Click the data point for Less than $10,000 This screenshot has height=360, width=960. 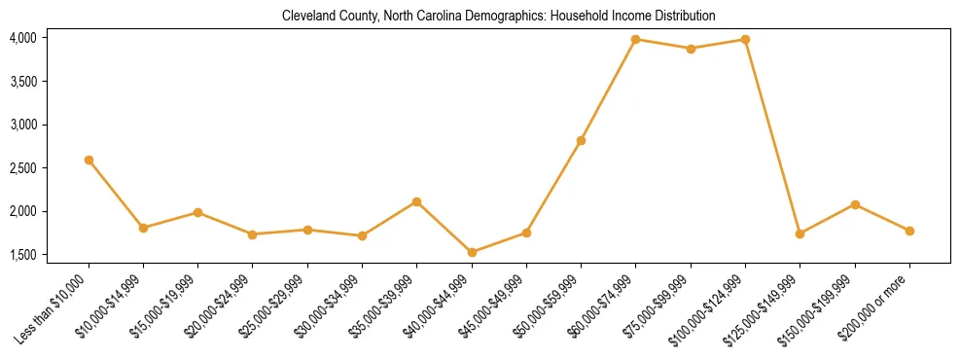(89, 160)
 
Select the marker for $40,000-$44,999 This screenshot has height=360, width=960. (472, 252)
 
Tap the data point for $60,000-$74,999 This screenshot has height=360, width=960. (636, 40)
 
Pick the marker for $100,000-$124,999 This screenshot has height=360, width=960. (745, 40)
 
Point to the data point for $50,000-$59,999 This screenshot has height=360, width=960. (581, 140)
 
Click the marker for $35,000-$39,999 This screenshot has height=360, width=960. (417, 201)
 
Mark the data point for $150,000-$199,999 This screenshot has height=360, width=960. (855, 204)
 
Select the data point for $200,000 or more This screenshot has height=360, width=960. (909, 231)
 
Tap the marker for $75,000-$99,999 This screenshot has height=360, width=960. (691, 49)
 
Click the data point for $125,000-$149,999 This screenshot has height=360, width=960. (800, 234)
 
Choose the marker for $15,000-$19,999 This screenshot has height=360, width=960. (197, 212)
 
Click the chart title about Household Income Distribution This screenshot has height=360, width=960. (498, 17)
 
